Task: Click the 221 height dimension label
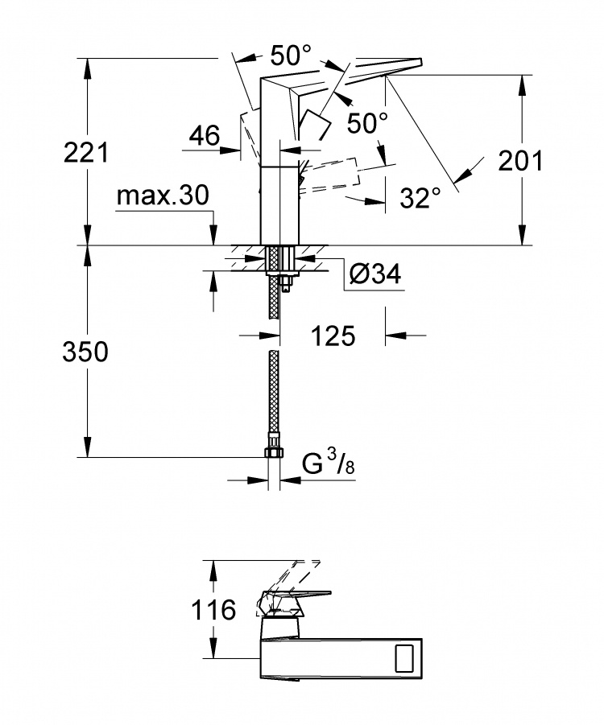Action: pos(86,152)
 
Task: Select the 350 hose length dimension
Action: pos(85,352)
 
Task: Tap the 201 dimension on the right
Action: pos(520,160)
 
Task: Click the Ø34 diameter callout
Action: pos(375,274)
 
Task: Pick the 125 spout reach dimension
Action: pos(333,336)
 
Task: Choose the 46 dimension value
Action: pos(205,135)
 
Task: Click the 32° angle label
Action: pos(420,198)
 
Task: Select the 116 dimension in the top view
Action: pos(214,609)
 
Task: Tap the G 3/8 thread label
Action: pos(329,463)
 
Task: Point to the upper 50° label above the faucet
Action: pos(291,55)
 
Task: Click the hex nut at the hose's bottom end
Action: pos(274,451)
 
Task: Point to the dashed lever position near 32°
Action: pos(329,175)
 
